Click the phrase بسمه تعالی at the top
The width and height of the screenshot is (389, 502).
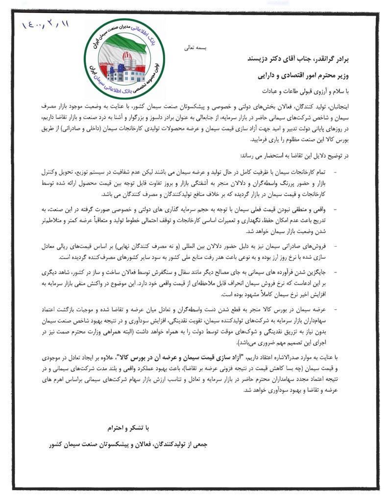point(195,48)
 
